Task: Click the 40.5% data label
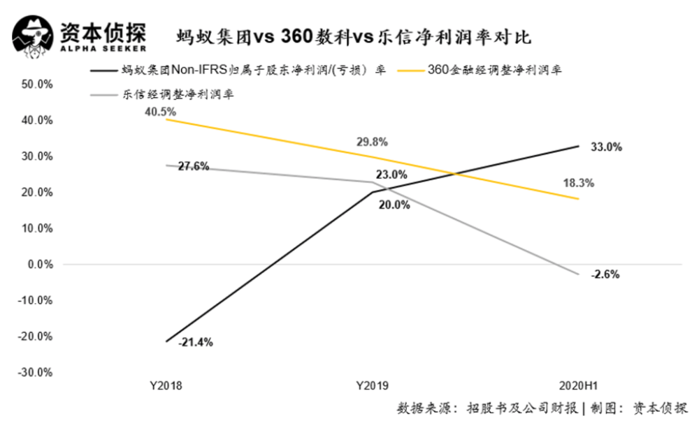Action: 161,112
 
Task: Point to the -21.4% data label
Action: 196,342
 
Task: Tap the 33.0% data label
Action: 606,147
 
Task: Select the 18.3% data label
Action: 579,183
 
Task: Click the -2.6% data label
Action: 605,274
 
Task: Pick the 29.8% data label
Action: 373,142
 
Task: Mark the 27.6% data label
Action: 194,166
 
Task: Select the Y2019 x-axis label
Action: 373,385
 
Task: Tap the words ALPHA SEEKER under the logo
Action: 103,49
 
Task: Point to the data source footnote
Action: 542,408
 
